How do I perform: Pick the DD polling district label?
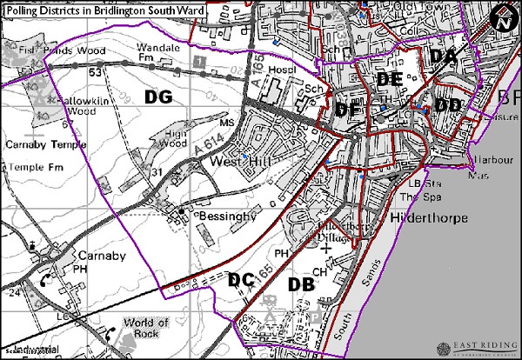pos(448,104)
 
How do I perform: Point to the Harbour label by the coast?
pos(493,160)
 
